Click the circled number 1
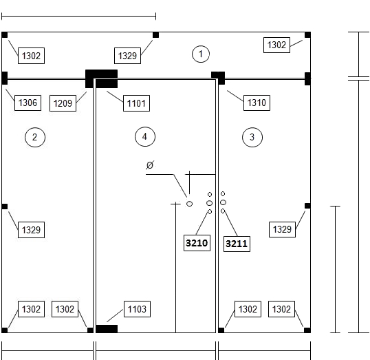[201, 54]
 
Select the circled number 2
[35, 137]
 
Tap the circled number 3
[252, 137]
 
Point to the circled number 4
[145, 137]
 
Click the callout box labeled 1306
[28, 103]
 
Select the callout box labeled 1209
[63, 103]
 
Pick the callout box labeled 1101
[136, 103]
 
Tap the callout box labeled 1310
[257, 103]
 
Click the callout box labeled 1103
[137, 309]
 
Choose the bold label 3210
[197, 243]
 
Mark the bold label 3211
[237, 244]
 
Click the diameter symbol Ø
[150, 165]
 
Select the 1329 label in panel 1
[127, 56]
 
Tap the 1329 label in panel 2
[31, 230]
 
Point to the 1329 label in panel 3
[282, 229]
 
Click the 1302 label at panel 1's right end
[276, 45]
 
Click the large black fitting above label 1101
[102, 78]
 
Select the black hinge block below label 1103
[107, 329]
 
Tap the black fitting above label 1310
[218, 78]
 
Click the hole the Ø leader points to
[190, 204]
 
